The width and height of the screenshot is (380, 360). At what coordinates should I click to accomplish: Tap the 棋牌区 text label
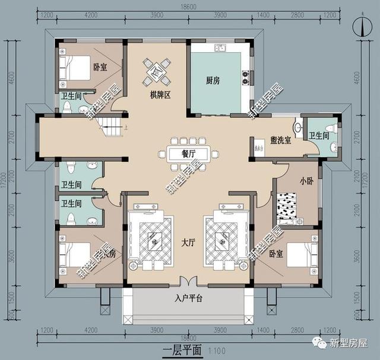(x=157, y=95)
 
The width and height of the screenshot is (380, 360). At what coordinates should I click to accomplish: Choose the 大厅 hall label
(x=189, y=242)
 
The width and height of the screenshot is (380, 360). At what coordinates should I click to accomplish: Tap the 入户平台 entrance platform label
(x=189, y=298)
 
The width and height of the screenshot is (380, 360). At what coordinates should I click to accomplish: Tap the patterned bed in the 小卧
(x=290, y=206)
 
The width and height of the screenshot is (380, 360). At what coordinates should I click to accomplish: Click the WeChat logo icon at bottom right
(x=320, y=343)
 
